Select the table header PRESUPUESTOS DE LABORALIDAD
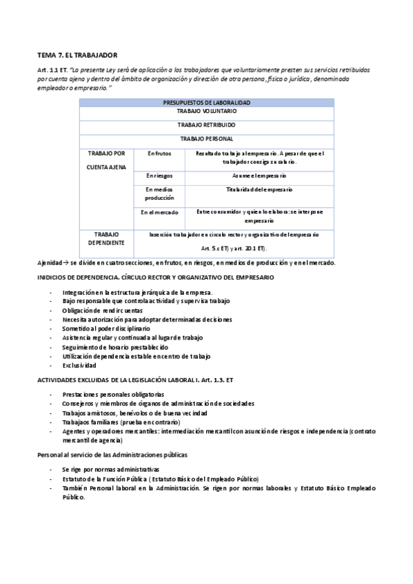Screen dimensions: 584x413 207,103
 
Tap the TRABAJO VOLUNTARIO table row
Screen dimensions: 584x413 207,110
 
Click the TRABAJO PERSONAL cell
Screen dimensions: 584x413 207,138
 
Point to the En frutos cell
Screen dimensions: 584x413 159,153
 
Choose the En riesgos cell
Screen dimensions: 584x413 159,176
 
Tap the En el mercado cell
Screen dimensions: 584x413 159,211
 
